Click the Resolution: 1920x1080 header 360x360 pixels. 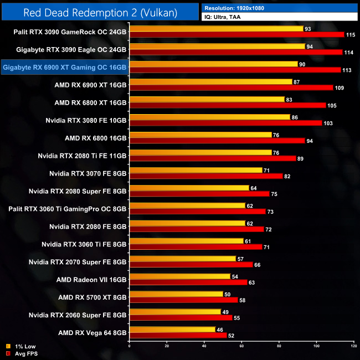[240, 8]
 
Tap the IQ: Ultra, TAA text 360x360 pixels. [227, 17]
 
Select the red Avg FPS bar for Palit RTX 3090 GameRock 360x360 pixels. [236, 35]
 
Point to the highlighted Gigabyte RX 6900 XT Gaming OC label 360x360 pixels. [65, 68]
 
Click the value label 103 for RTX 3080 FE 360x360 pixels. [328, 123]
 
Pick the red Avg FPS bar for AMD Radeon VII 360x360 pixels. [188, 282]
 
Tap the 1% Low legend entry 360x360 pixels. [22, 347]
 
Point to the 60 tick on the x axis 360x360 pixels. [241, 346]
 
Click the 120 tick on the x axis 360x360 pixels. [354, 346]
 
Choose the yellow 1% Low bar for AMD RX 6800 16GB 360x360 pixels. [200, 135]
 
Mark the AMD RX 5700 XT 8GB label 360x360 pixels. [92, 297]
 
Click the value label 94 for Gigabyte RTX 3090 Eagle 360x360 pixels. [310, 47]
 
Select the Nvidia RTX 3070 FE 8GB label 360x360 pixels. [88, 173]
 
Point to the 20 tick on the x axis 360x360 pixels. [167, 346]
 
